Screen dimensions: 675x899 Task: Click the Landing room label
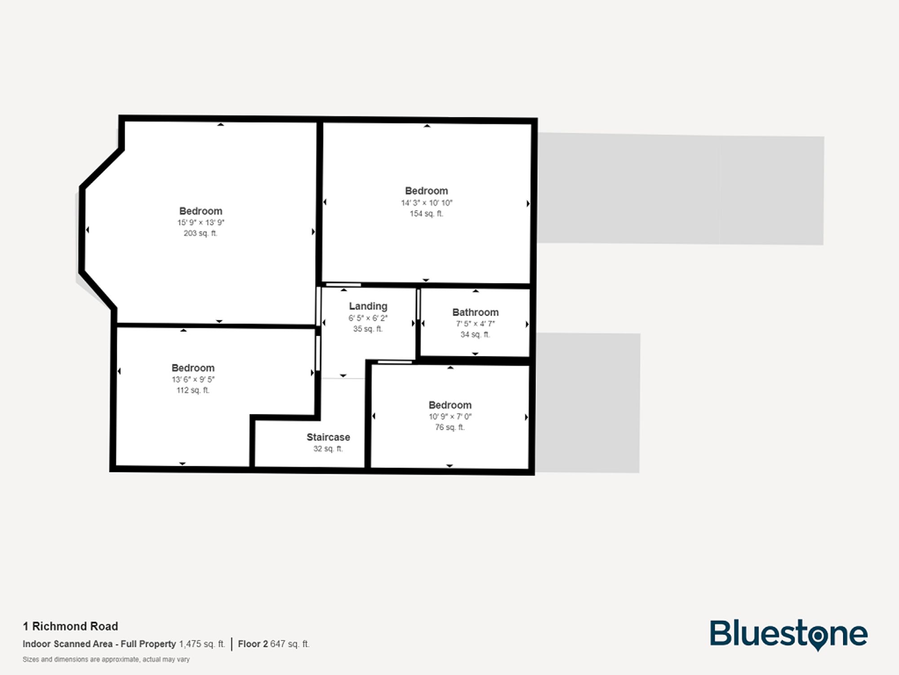(368, 306)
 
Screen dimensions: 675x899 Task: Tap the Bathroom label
(475, 312)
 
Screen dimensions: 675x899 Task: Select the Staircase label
(328, 437)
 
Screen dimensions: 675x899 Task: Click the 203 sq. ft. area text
(200, 233)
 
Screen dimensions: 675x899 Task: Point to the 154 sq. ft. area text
(426, 214)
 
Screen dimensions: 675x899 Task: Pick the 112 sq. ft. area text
(193, 390)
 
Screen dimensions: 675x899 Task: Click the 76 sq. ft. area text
(449, 427)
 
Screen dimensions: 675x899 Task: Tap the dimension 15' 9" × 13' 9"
(200, 222)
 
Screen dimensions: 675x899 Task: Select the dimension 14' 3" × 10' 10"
(427, 203)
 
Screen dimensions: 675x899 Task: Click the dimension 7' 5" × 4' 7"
(475, 324)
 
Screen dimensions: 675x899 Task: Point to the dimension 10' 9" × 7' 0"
(450, 416)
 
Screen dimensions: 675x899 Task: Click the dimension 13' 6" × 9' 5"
(193, 379)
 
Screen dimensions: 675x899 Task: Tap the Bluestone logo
(788, 634)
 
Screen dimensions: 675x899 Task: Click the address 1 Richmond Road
(71, 626)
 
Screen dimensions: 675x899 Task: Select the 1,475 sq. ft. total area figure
(202, 644)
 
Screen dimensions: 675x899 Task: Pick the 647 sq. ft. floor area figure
(289, 644)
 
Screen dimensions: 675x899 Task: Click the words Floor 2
(253, 644)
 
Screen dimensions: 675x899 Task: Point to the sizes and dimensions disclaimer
(106, 659)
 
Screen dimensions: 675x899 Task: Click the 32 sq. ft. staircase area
(328, 449)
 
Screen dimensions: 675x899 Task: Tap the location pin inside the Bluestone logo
(818, 637)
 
